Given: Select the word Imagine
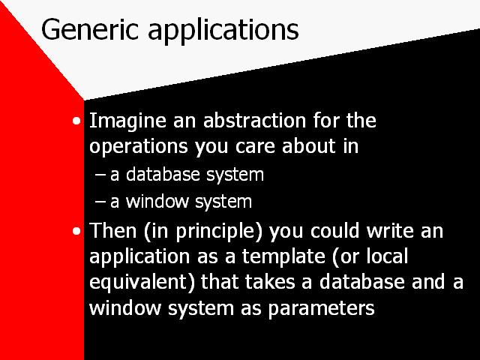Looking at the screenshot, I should point(124,121).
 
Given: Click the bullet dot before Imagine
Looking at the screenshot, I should point(77,121).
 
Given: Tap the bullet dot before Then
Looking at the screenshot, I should point(77,231).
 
